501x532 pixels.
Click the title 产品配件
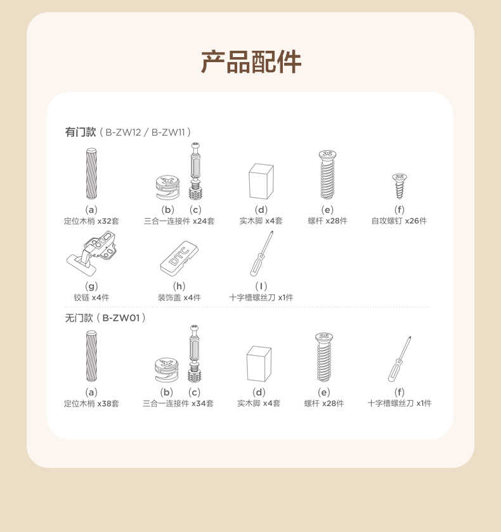coord(251,62)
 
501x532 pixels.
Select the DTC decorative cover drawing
coord(179,259)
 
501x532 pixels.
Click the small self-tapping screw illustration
coord(400,186)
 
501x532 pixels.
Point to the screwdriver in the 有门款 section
coord(261,254)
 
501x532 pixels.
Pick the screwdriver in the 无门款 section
coord(400,359)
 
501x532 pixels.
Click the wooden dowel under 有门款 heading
coord(91,173)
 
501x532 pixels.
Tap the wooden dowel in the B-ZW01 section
coord(91,356)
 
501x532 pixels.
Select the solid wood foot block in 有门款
coord(261,181)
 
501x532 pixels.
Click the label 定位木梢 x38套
coord(91,403)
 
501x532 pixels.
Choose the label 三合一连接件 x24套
coord(179,221)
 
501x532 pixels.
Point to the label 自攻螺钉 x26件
coord(399,221)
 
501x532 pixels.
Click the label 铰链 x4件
coord(91,297)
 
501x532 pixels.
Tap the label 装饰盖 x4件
coord(179,297)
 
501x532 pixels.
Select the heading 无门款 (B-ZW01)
coord(105,318)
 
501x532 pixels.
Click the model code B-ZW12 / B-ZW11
coord(146,132)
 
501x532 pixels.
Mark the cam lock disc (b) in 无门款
coord(166,370)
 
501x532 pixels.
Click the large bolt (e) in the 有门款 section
coord(327,175)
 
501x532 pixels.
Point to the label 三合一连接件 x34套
coord(178,403)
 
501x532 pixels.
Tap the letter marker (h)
coord(179,287)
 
